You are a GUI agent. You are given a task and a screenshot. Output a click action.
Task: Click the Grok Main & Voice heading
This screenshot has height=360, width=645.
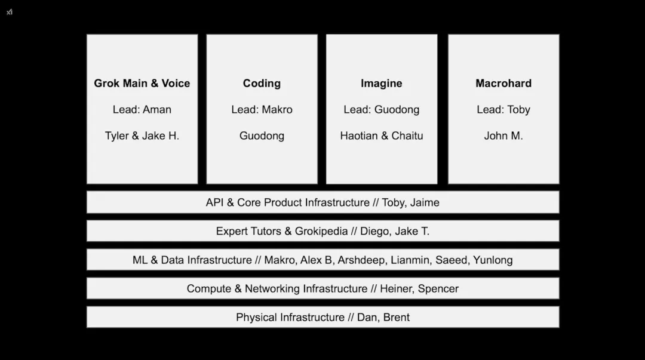142,84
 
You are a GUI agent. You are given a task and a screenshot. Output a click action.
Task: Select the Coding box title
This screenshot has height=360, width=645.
262,84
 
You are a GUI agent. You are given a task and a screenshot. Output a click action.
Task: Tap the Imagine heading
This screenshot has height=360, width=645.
381,84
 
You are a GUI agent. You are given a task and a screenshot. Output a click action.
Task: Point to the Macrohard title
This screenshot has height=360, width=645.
503,84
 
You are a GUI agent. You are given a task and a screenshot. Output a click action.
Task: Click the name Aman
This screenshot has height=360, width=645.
156,110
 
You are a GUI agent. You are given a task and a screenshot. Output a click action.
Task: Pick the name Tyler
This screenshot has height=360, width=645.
117,136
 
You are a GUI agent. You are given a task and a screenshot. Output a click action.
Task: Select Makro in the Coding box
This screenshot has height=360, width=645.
277,110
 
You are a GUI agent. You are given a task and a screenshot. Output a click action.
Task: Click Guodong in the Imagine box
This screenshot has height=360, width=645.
397,110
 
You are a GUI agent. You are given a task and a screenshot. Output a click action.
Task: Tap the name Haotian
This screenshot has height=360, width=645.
359,136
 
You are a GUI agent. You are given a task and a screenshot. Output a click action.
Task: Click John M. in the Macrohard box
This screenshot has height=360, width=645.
503,136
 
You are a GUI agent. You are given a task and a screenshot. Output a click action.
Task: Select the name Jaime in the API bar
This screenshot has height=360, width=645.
425,203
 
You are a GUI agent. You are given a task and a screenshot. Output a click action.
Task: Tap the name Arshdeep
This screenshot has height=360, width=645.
366,260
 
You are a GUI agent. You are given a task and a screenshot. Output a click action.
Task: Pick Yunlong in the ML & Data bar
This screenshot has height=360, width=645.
493,260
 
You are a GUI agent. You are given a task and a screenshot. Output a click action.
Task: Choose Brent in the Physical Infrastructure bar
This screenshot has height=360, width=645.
397,318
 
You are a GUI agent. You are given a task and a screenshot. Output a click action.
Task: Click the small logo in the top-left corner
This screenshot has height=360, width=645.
10,12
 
